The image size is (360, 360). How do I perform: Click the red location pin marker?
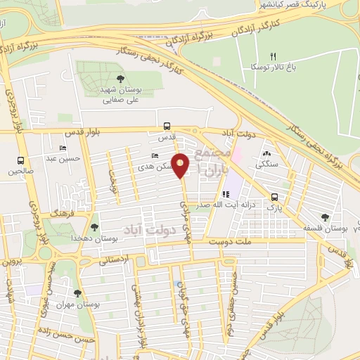(181, 165)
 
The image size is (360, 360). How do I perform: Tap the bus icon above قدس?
(167, 127)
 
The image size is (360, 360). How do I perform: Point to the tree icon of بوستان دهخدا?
(94, 227)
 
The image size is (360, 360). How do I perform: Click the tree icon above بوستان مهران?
(77, 292)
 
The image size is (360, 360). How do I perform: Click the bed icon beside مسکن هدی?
(155, 156)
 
